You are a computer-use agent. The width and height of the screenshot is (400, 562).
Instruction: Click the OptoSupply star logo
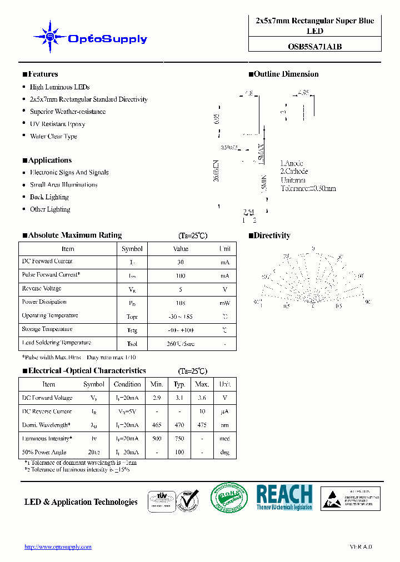point(50,37)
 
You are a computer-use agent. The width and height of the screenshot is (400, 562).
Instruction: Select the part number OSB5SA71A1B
point(314,47)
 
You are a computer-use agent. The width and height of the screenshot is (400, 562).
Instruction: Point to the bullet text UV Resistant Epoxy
point(57,124)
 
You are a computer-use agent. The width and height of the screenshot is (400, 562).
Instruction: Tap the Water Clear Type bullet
point(53,136)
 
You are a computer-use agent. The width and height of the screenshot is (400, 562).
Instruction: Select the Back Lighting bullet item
point(49,197)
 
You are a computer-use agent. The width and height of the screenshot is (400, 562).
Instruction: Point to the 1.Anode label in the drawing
point(292,163)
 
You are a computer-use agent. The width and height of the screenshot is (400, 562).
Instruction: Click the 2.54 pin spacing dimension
point(248,212)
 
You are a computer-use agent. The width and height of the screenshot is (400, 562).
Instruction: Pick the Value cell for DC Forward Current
point(181,262)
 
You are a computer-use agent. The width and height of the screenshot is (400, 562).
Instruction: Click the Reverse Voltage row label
point(42,289)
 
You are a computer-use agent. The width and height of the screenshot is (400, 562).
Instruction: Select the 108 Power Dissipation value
point(181,303)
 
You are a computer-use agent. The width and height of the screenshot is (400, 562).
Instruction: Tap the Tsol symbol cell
point(132,344)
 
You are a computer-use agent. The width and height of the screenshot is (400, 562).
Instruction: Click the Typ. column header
point(179,384)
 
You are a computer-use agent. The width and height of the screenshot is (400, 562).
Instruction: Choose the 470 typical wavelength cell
point(179,425)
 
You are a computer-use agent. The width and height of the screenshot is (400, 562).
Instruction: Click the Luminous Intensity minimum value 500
point(156,439)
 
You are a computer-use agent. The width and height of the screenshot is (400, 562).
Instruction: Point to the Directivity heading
point(272,235)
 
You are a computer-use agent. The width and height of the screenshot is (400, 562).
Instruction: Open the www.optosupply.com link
point(58,547)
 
